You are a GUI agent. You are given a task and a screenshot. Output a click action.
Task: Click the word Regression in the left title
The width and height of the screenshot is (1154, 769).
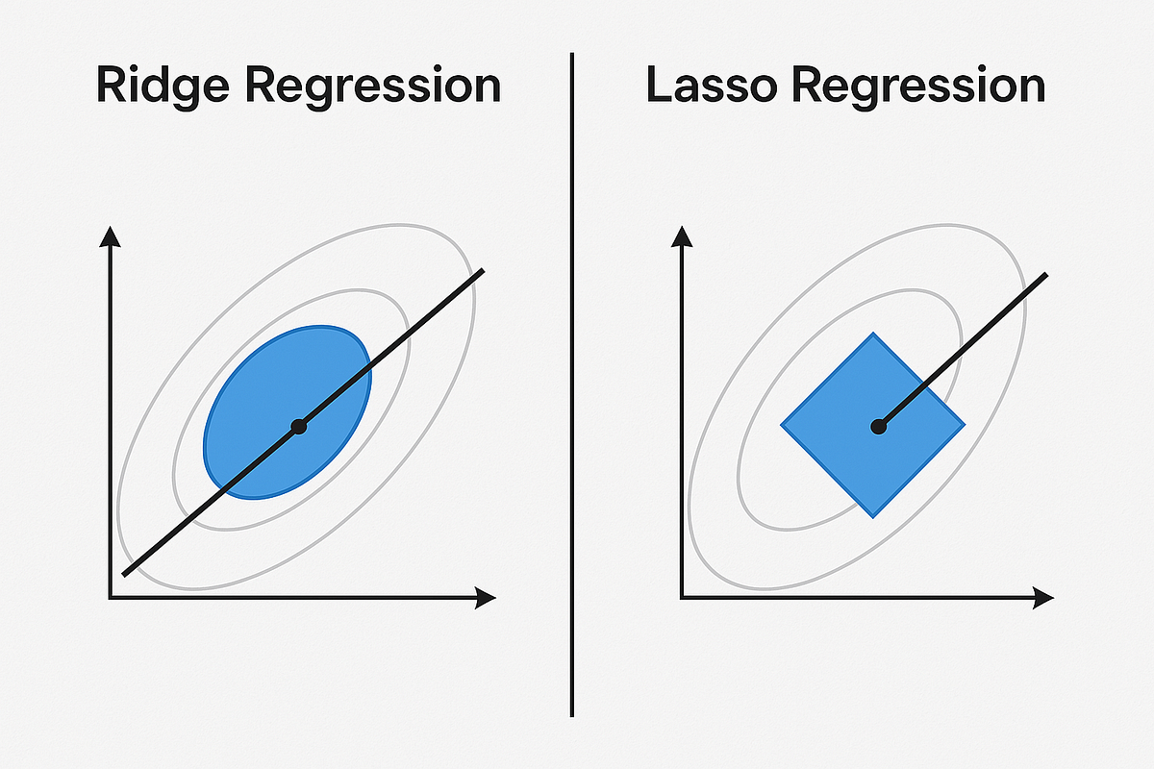tap(373, 87)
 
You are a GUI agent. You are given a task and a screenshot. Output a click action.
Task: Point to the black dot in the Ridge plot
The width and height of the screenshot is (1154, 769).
tap(298, 426)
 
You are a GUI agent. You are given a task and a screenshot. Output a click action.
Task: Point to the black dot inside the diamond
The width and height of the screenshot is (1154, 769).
tap(877, 426)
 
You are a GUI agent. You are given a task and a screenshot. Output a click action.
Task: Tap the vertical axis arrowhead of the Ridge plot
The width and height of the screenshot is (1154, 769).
tap(111, 236)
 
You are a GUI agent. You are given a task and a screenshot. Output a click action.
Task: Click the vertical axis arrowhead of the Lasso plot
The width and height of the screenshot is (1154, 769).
tap(681, 236)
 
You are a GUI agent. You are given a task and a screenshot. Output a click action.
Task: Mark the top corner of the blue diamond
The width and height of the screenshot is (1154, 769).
tap(872, 335)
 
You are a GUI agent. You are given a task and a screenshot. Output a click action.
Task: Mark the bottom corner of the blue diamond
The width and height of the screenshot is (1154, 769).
tap(872, 516)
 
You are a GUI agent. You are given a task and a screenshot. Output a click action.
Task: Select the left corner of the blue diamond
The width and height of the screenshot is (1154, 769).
tap(782, 424)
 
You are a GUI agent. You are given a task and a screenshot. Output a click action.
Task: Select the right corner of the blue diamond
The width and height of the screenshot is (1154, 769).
tap(963, 424)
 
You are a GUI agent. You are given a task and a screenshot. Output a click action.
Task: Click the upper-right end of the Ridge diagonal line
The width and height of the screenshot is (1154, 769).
tap(482, 272)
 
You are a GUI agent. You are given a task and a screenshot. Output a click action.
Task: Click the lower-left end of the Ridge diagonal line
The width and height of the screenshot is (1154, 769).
tap(125, 574)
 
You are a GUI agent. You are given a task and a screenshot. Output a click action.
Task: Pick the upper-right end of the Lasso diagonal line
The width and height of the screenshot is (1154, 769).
tap(1045, 276)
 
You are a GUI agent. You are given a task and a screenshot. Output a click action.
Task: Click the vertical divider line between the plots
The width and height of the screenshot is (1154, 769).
tap(572, 384)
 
